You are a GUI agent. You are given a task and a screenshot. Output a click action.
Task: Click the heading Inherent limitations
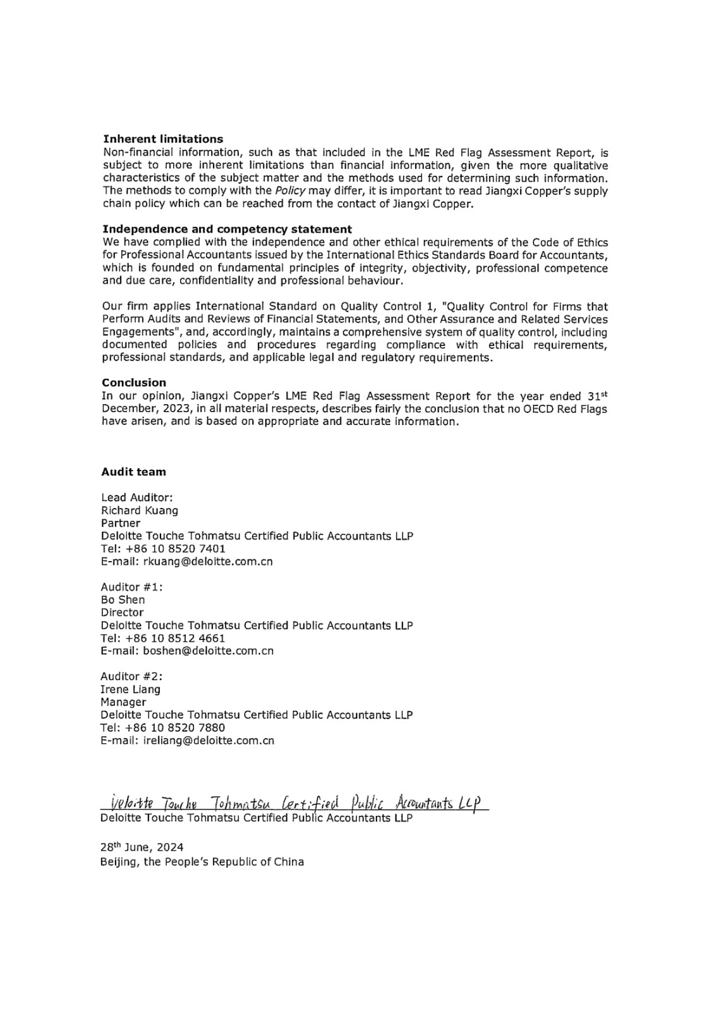163,139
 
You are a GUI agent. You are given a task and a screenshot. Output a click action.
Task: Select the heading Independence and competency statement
227,229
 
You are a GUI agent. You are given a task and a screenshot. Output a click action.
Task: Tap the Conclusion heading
134,383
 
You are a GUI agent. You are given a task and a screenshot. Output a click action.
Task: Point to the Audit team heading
133,472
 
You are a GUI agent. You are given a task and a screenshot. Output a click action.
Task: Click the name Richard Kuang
140,510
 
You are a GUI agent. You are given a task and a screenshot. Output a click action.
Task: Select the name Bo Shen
123,600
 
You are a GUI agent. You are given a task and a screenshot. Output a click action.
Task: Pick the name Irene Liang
130,689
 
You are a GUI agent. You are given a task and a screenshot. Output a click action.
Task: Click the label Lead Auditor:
136,498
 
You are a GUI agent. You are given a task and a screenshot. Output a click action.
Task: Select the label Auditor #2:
131,676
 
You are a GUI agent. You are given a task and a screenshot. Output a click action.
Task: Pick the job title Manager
123,702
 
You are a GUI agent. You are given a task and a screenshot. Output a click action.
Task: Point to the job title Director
122,612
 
